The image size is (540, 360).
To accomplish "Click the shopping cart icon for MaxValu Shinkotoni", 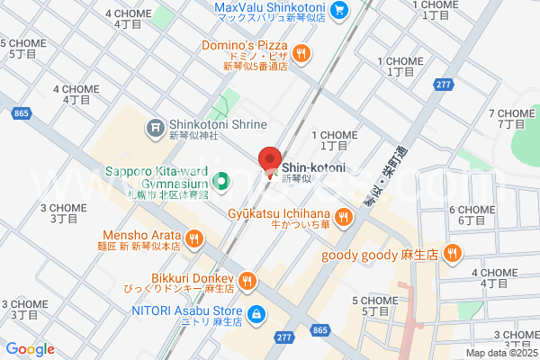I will (x=339, y=10).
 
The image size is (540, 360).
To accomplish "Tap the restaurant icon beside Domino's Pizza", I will (x=301, y=52).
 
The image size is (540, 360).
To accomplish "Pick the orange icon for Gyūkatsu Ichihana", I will (x=343, y=216).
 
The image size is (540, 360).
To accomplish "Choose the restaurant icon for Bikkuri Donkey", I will (x=248, y=281).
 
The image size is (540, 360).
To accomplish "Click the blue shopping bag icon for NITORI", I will (x=256, y=314).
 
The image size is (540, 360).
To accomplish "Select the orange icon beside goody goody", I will (x=452, y=255).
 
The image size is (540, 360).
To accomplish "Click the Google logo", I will (x=30, y=349).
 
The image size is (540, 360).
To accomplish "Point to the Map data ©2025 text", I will (x=501, y=353).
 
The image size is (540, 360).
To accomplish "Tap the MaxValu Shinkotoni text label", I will (x=271, y=6).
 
